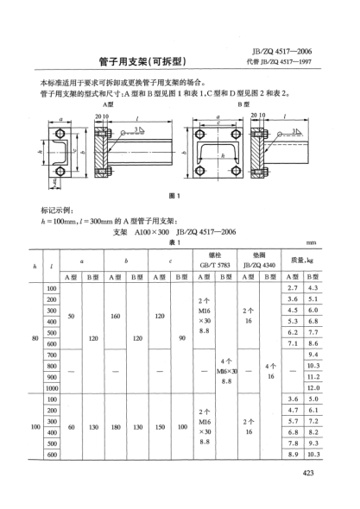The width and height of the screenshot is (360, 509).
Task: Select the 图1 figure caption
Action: (x=176, y=196)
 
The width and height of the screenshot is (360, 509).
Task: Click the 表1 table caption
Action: (x=174, y=242)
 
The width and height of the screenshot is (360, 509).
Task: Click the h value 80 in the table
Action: (x=35, y=337)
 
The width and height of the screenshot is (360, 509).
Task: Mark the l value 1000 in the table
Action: (x=52, y=388)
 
